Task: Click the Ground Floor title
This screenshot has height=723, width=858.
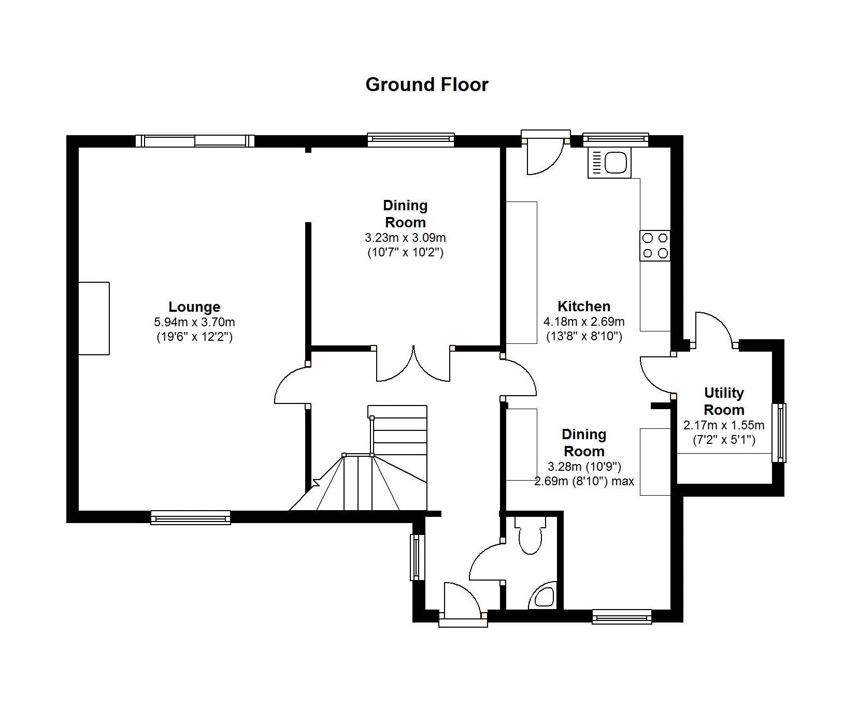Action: [x=427, y=84]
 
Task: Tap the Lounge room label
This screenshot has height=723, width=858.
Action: [x=194, y=307]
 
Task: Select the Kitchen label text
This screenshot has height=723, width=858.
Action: [x=584, y=306]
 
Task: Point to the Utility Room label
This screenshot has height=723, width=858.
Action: [x=724, y=401]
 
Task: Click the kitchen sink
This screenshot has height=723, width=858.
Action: [x=610, y=163]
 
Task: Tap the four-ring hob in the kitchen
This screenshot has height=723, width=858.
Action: [x=655, y=245]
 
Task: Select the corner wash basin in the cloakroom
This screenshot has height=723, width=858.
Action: [x=544, y=596]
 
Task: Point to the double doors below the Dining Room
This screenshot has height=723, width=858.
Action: [x=413, y=364]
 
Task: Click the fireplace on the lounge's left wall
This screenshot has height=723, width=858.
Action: [x=94, y=319]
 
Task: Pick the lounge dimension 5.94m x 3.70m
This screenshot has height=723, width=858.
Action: [x=194, y=322]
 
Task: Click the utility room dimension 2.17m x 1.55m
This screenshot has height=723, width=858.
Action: [x=724, y=426]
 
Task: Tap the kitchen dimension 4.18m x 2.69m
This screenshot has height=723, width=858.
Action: [x=584, y=322]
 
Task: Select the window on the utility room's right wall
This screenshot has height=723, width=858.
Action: [x=779, y=432]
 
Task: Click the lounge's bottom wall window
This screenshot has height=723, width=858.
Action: [x=191, y=517]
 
